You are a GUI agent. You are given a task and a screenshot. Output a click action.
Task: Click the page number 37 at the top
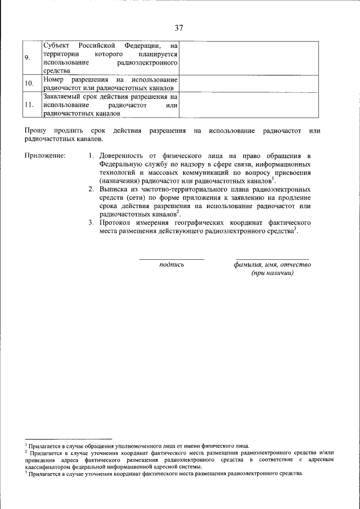179,28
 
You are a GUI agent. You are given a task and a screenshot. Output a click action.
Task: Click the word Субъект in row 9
58,44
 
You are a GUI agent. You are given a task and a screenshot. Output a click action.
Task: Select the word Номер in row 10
53,80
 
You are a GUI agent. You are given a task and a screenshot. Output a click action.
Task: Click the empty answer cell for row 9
250,58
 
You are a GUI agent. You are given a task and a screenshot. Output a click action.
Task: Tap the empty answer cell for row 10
250,84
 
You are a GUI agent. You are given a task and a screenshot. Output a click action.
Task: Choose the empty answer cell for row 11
250,105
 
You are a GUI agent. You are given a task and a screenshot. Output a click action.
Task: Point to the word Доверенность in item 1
127,155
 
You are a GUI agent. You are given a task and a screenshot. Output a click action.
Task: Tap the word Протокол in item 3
118,223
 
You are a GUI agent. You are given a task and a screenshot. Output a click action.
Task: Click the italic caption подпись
172,264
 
